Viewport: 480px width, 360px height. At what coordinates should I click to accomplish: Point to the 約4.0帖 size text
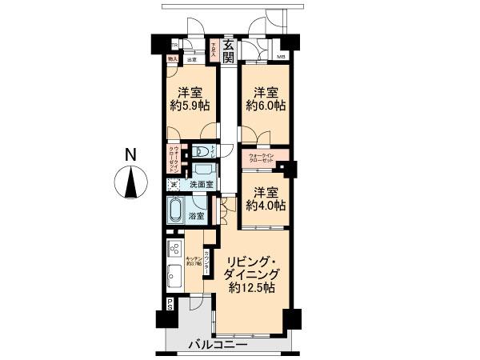click(266, 206)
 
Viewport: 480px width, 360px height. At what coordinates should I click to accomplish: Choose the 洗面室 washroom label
click(201, 185)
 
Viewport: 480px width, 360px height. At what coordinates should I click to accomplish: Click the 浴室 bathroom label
click(196, 215)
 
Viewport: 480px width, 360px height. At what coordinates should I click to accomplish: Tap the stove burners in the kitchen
click(174, 252)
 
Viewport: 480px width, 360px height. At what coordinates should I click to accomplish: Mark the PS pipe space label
click(170, 303)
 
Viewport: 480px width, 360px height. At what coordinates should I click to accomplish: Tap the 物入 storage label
click(173, 58)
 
